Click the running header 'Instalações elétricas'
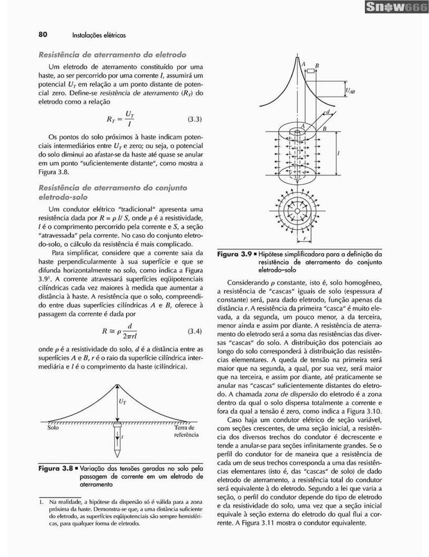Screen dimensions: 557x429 (99, 35)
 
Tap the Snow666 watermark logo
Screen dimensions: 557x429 (396, 7)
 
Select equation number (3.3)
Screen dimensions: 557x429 (195, 119)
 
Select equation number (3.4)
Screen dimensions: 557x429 (195, 331)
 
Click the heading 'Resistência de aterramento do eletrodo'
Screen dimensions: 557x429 (112, 55)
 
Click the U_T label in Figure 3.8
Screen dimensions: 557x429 (122, 402)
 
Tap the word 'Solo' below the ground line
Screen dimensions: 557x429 (53, 428)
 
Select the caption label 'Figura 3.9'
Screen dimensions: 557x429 (234, 254)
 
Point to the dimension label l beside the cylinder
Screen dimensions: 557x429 (338, 153)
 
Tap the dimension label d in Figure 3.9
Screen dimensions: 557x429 (328, 112)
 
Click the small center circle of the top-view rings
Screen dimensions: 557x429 (297, 211)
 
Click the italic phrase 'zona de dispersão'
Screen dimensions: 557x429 (291, 394)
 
